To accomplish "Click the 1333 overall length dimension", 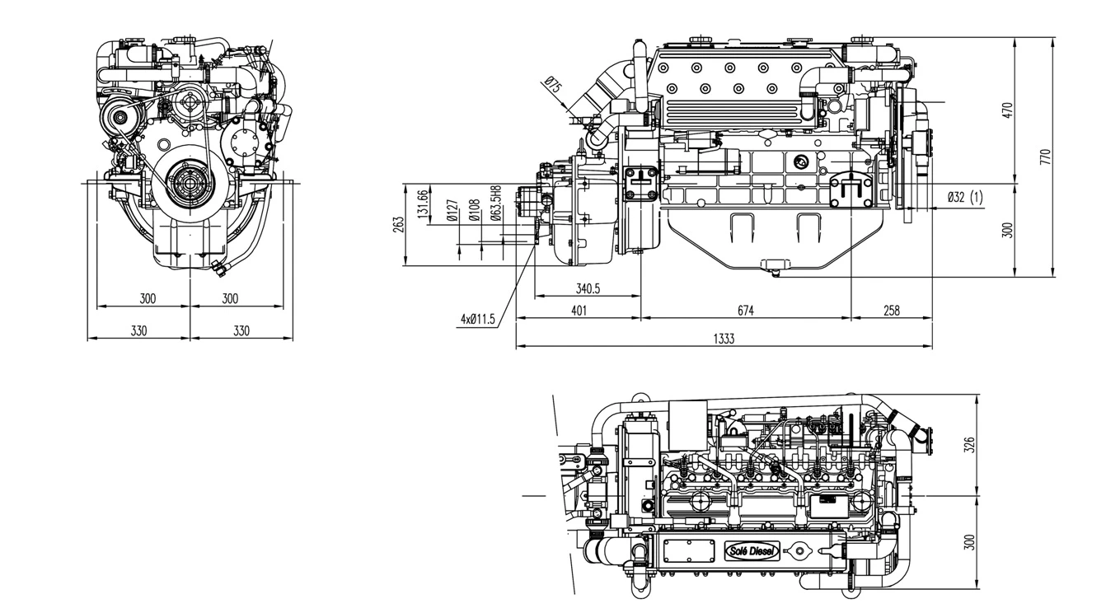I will point(724,339).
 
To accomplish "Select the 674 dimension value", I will point(745,311).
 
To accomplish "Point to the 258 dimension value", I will point(891,311).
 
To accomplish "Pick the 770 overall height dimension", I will point(1046,157).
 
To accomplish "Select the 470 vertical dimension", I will point(1007,110).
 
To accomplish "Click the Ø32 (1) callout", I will point(965,197).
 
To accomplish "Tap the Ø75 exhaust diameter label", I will point(553,87).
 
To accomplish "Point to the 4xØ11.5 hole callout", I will point(478,319).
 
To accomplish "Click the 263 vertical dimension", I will point(398,224).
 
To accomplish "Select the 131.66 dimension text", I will point(423,205).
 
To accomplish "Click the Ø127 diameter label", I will point(452,211).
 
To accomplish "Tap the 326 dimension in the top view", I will point(969,445).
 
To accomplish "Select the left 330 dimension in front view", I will point(138,330).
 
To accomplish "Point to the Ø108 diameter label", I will point(474,211).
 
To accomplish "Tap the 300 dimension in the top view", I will point(969,542).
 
